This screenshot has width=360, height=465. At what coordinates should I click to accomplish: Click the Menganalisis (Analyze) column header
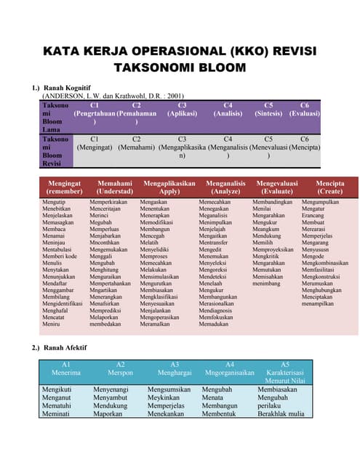(x=225, y=187)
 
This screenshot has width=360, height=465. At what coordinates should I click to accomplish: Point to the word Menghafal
(x=56, y=310)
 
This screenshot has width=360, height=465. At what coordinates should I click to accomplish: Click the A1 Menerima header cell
(x=66, y=368)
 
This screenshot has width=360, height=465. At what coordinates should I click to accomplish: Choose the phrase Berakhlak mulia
(x=281, y=414)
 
